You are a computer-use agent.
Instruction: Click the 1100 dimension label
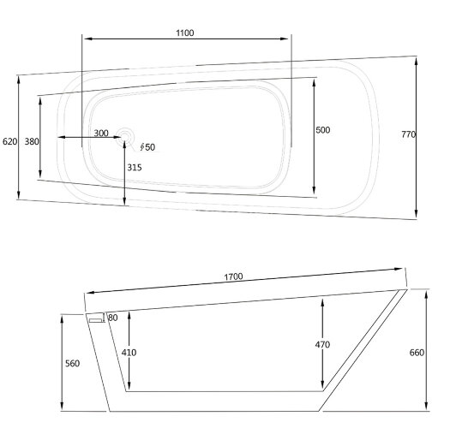pyautogui.click(x=185, y=33)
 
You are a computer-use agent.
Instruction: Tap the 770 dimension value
pyautogui.click(x=409, y=134)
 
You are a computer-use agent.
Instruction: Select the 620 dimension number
pyautogui.click(x=10, y=141)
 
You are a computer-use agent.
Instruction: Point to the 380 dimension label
pyautogui.click(x=32, y=141)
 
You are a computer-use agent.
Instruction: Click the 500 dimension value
pyautogui.click(x=323, y=130)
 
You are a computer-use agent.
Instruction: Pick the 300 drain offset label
pyautogui.click(x=101, y=133)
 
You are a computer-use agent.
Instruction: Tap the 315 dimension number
pyautogui.click(x=135, y=168)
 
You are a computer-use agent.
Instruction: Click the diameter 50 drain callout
pyautogui.click(x=147, y=147)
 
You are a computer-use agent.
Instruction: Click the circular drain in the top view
pyautogui.click(x=125, y=136)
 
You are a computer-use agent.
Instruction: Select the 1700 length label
pyautogui.click(x=233, y=276)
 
